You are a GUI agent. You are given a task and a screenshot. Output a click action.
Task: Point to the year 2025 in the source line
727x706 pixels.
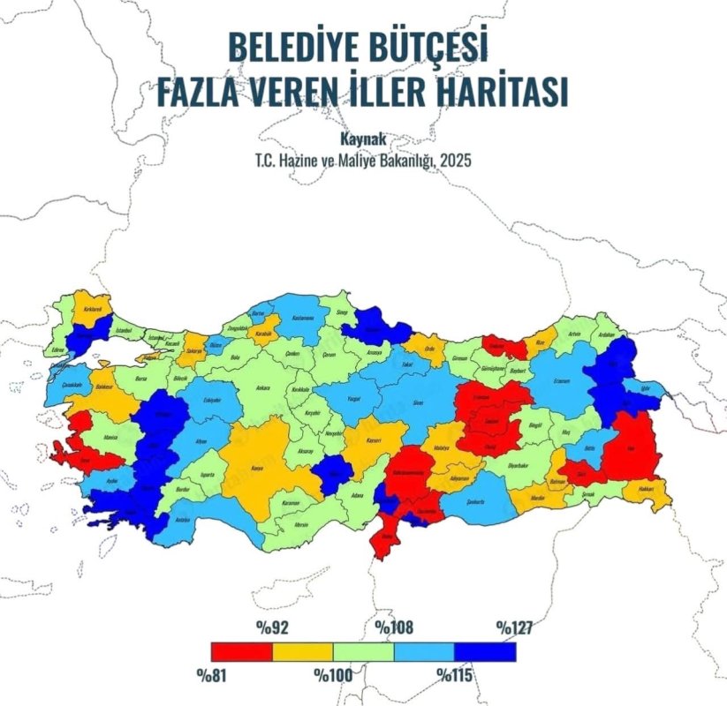[x=456, y=161]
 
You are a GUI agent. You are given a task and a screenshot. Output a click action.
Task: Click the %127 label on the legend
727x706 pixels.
[x=515, y=628]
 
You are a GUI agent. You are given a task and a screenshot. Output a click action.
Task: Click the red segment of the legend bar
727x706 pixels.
[x=242, y=651]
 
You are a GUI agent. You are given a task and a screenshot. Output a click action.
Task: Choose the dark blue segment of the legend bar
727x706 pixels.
[x=484, y=651]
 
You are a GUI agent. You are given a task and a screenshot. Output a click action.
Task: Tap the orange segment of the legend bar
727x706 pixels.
[x=303, y=651]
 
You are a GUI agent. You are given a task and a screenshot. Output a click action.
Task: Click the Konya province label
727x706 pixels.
[x=257, y=469]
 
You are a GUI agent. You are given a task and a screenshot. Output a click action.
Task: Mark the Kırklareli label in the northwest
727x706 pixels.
[x=81, y=312]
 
